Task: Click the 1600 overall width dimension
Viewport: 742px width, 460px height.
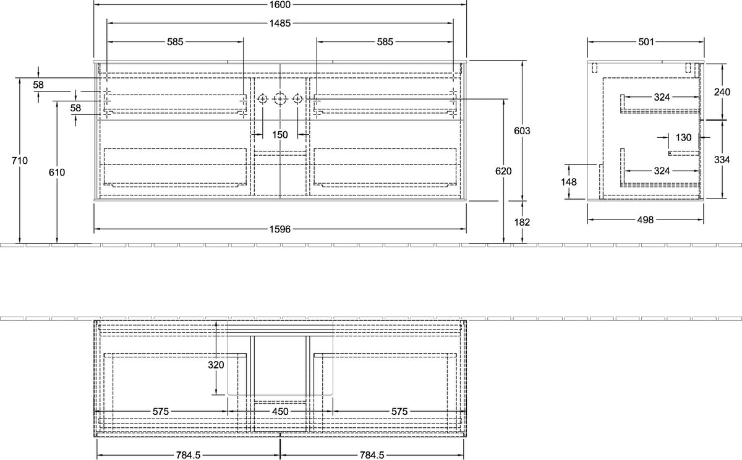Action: coord(280,4)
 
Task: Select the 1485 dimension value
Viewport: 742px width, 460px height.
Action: coord(280,23)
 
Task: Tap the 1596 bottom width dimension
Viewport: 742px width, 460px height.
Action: coord(280,229)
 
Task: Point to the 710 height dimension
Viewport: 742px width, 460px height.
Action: coord(20,161)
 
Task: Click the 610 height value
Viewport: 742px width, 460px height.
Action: coord(57,172)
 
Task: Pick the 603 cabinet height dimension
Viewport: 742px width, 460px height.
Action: coord(522,131)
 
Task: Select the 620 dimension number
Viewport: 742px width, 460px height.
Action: coord(503,171)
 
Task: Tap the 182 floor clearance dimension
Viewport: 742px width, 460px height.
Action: coord(522,222)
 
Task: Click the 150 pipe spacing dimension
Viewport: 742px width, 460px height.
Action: coord(280,135)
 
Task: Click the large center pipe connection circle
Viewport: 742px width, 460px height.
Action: coord(279,99)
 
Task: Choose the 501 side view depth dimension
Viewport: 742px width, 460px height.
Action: coord(646,41)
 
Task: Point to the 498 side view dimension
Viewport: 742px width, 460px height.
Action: coord(646,219)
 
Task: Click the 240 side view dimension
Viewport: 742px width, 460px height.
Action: coord(722,92)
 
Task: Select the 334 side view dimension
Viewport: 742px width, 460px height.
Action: coord(722,160)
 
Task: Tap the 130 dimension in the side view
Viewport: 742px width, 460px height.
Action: coord(683,137)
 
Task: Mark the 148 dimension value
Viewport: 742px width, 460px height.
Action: coord(569,182)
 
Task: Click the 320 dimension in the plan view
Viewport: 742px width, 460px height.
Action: coord(216,365)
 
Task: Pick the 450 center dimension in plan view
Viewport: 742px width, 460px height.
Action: coord(280,412)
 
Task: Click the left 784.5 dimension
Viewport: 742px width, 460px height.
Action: coord(188,456)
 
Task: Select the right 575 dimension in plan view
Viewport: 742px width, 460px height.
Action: coord(399,412)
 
